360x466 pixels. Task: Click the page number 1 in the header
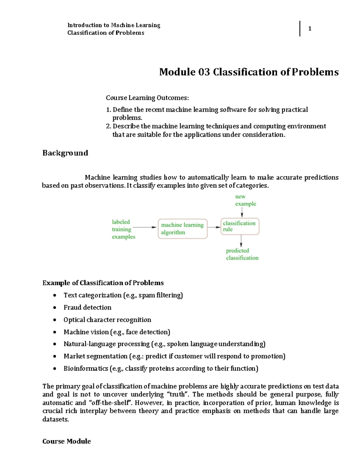(x=310, y=29)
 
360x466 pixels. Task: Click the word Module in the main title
(x=177, y=72)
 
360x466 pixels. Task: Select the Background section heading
(x=65, y=153)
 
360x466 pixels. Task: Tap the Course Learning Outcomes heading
(x=147, y=98)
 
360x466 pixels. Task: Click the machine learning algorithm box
(x=182, y=229)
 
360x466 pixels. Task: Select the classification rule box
(x=240, y=226)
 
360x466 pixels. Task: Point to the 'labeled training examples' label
(x=123, y=229)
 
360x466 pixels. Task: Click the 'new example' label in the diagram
(x=245, y=200)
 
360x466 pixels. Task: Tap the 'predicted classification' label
(x=242, y=254)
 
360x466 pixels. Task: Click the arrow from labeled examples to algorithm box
(x=145, y=227)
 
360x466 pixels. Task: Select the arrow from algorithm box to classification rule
(x=214, y=227)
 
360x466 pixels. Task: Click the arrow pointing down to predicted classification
(x=241, y=241)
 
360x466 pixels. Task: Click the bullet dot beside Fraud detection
(x=55, y=308)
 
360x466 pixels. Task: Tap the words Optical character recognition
(x=107, y=320)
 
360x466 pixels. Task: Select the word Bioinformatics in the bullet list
(x=85, y=368)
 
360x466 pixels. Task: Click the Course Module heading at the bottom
(x=67, y=441)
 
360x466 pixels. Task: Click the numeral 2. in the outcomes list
(x=109, y=126)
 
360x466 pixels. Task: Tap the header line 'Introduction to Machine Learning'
(x=114, y=25)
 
